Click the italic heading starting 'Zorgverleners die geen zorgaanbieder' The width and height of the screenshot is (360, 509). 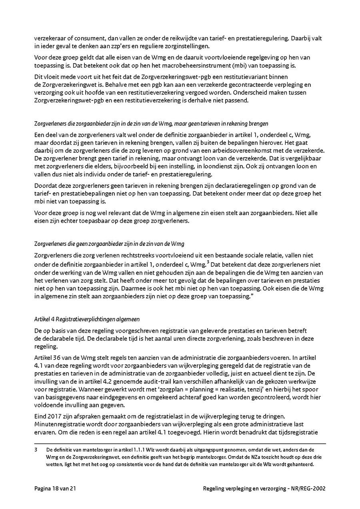tap(109, 244)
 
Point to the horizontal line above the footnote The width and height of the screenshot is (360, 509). tap(180, 443)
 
